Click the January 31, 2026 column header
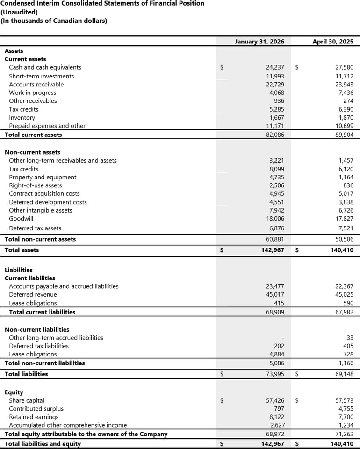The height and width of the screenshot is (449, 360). pos(259,42)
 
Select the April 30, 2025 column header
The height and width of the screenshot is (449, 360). pos(332,42)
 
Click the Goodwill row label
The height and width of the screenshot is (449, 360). pos(21,219)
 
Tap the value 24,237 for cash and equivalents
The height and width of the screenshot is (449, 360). pos(275,68)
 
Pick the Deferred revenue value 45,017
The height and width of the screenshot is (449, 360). pos(275,295)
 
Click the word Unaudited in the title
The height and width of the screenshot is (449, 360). pos(20,12)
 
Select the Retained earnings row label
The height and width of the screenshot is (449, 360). pos(34,417)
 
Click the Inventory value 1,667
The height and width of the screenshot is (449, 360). pos(276,118)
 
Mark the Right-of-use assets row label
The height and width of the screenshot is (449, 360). pos(36,185)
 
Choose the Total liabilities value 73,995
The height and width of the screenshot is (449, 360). pos(275,374)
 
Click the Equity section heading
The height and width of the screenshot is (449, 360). pos(14,392)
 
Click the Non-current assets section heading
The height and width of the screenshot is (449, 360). pos(32,152)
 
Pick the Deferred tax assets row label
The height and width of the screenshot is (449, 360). pos(35,228)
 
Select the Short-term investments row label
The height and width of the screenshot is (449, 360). pos(41,76)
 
